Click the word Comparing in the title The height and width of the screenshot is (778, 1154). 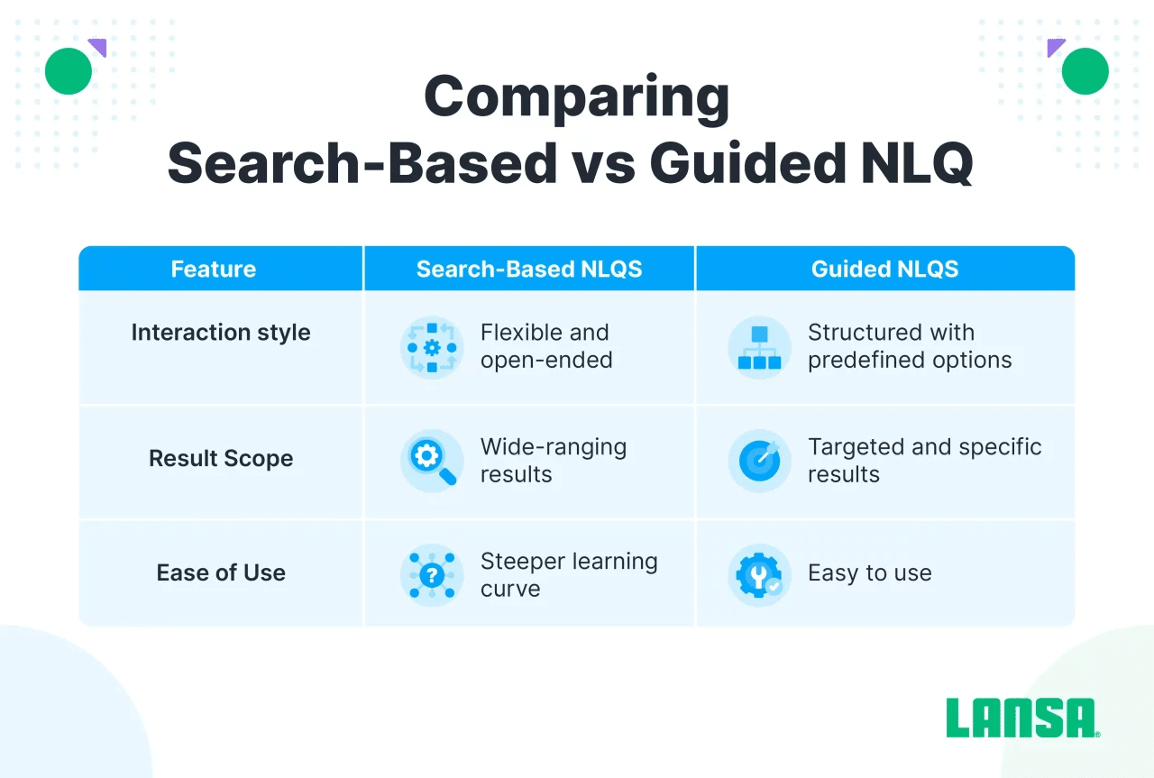click(576, 98)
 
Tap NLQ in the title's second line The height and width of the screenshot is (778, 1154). click(917, 163)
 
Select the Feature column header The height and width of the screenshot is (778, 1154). click(214, 269)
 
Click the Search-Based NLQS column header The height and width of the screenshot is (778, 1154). click(529, 269)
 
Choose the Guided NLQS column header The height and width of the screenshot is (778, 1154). click(884, 269)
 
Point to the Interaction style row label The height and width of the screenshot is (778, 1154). click(221, 333)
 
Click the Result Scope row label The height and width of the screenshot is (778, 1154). click(221, 459)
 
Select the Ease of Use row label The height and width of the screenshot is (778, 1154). click(221, 573)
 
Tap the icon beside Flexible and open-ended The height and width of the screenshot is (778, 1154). click(432, 348)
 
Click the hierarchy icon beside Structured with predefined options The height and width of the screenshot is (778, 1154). click(759, 348)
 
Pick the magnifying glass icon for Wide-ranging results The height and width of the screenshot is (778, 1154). click(432, 462)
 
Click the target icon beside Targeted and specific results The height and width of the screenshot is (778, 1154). click(759, 462)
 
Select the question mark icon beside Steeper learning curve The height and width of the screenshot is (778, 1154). click(432, 575)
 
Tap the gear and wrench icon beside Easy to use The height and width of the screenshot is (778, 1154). click(759, 575)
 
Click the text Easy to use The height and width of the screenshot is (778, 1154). click(870, 573)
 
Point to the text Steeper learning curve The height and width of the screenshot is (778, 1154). click(569, 575)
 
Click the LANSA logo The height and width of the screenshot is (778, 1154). click(1022, 718)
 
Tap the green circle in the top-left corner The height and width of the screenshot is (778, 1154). click(69, 71)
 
